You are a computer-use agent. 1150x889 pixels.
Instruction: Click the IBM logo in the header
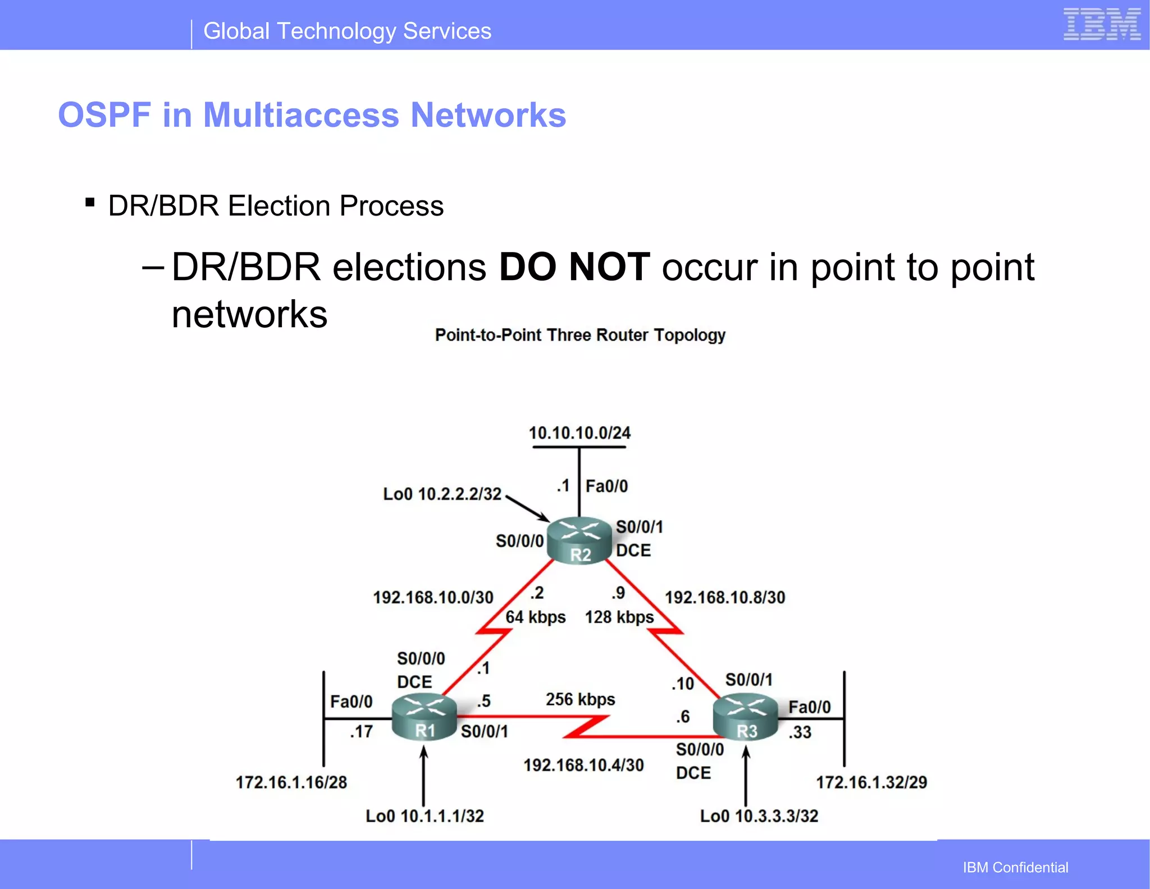tap(1102, 25)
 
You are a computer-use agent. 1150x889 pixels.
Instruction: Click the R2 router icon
tap(579, 540)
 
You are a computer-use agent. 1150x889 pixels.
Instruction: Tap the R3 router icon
tap(746, 717)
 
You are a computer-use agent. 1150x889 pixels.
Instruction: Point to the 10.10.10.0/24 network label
tap(579, 433)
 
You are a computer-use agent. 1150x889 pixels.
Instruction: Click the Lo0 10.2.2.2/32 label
tap(442, 494)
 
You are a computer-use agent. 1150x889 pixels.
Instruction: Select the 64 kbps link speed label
tap(535, 617)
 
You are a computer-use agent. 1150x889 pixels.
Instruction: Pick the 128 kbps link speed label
tap(619, 617)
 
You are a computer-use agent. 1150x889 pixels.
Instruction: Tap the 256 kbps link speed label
tap(580, 699)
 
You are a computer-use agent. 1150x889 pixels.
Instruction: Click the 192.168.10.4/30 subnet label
tap(583, 765)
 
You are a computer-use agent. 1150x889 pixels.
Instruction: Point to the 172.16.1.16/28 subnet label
tap(291, 782)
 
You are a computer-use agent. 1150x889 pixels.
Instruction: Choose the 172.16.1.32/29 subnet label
tap(871, 782)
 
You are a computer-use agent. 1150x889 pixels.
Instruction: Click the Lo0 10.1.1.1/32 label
tap(425, 816)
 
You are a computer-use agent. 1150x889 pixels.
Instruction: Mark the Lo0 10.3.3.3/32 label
tap(759, 816)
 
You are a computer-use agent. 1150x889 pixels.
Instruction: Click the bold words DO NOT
tap(574, 267)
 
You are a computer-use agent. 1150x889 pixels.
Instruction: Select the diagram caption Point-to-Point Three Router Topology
tap(580, 335)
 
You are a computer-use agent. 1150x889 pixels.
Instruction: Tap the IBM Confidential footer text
tap(1015, 867)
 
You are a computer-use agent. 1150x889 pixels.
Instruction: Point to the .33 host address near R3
tap(800, 732)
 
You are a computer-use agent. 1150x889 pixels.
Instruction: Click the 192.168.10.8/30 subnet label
tap(725, 597)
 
